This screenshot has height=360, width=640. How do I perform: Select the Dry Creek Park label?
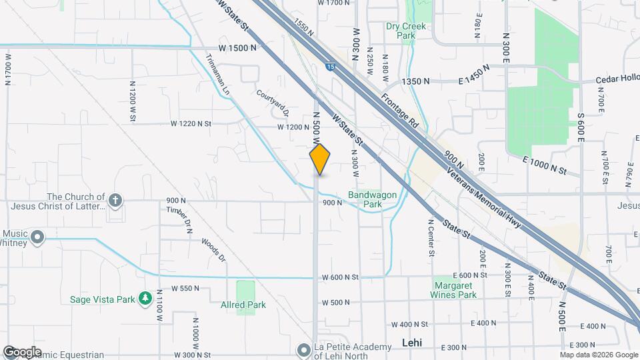[x=405, y=32]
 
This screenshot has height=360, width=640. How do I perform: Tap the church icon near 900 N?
[x=115, y=200]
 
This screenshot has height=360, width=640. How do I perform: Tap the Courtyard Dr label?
[x=272, y=99]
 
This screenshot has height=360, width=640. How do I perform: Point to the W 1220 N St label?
[x=191, y=123]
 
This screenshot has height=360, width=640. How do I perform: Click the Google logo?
[x=22, y=351]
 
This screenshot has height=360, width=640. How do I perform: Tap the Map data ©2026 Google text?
[x=597, y=354]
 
